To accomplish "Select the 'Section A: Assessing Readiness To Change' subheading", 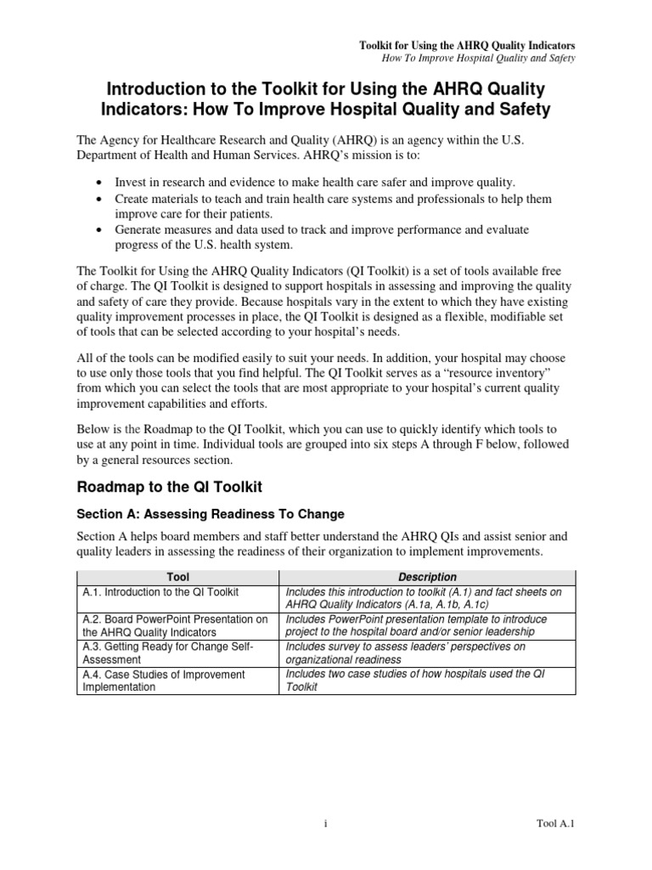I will coord(211,515).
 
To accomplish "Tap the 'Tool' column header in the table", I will coord(178,577).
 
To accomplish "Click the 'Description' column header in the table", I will coord(430,577).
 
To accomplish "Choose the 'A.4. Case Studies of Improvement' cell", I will coord(161,680).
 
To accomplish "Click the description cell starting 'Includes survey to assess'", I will coord(406,652).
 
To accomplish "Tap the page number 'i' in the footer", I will coord(326,823).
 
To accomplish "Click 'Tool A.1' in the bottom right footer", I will coord(555,823).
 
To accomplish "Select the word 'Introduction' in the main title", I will coord(152,88).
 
